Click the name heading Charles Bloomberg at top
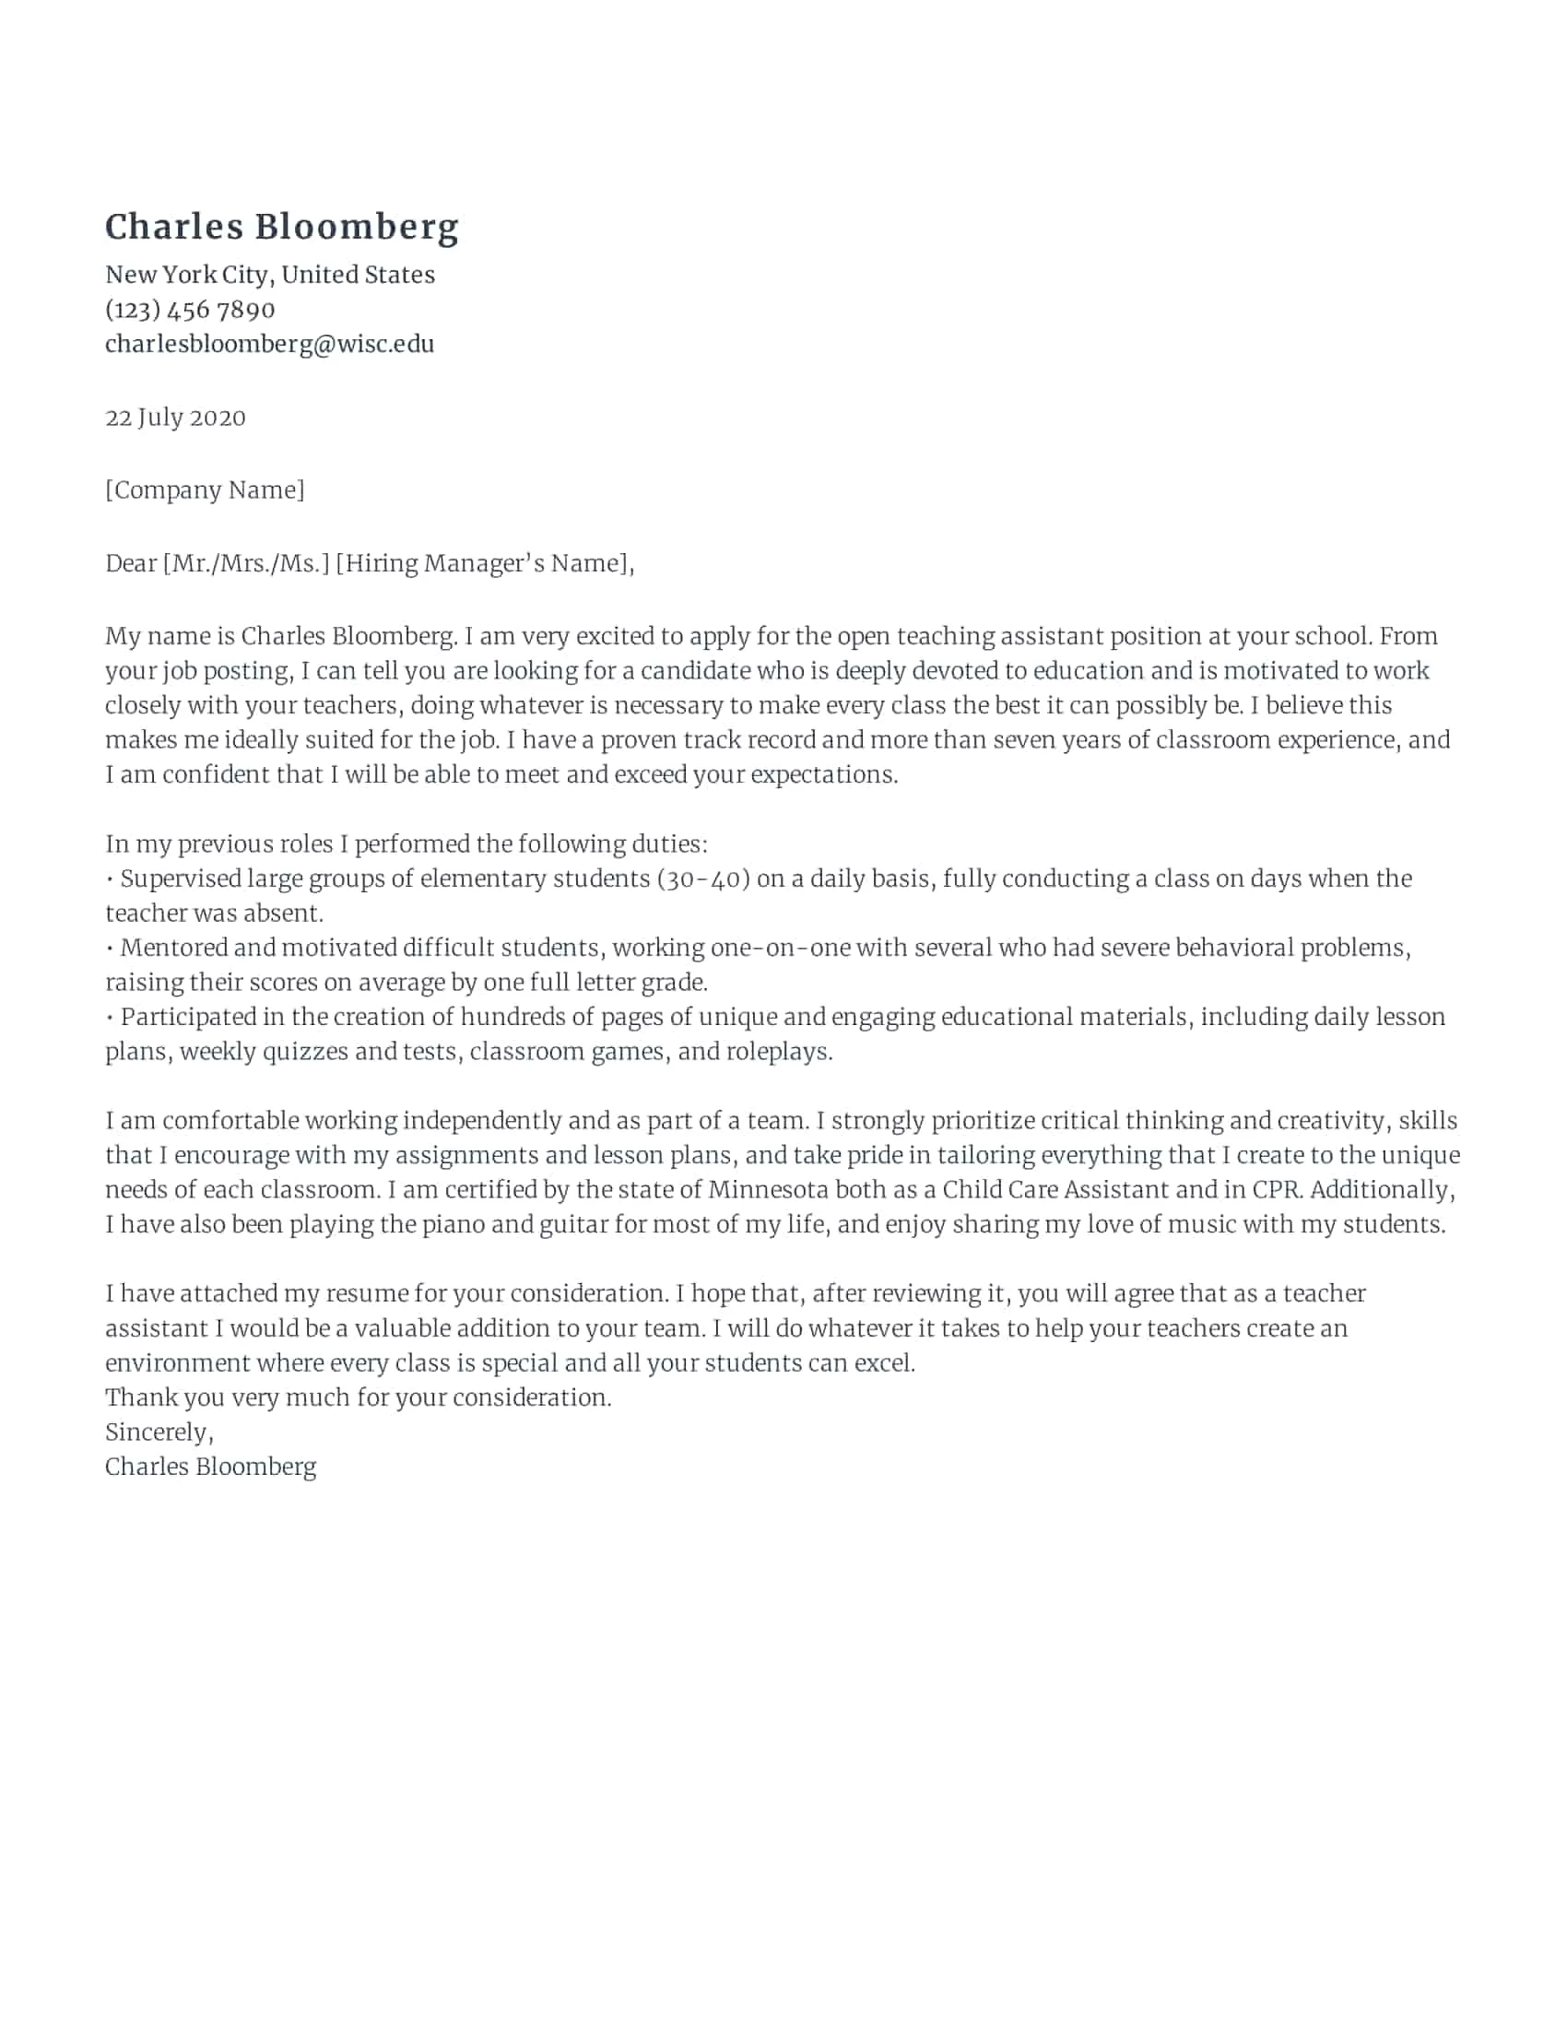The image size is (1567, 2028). coord(281,228)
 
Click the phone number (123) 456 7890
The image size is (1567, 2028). coord(190,309)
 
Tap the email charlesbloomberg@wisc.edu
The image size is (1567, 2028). coord(269,344)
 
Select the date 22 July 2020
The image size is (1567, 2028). coord(175,417)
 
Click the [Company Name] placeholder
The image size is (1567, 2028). coord(205,489)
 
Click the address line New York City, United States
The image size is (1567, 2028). coord(269,275)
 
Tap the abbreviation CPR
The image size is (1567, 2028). coord(1276,1189)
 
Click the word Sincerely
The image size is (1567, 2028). coord(157,1432)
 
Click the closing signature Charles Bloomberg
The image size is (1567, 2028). coord(211,1467)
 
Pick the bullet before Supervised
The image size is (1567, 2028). coord(111,879)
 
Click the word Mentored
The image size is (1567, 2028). coord(173,947)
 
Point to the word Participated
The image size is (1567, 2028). coord(188,1017)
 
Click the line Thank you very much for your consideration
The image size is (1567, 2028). coord(359,1397)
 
